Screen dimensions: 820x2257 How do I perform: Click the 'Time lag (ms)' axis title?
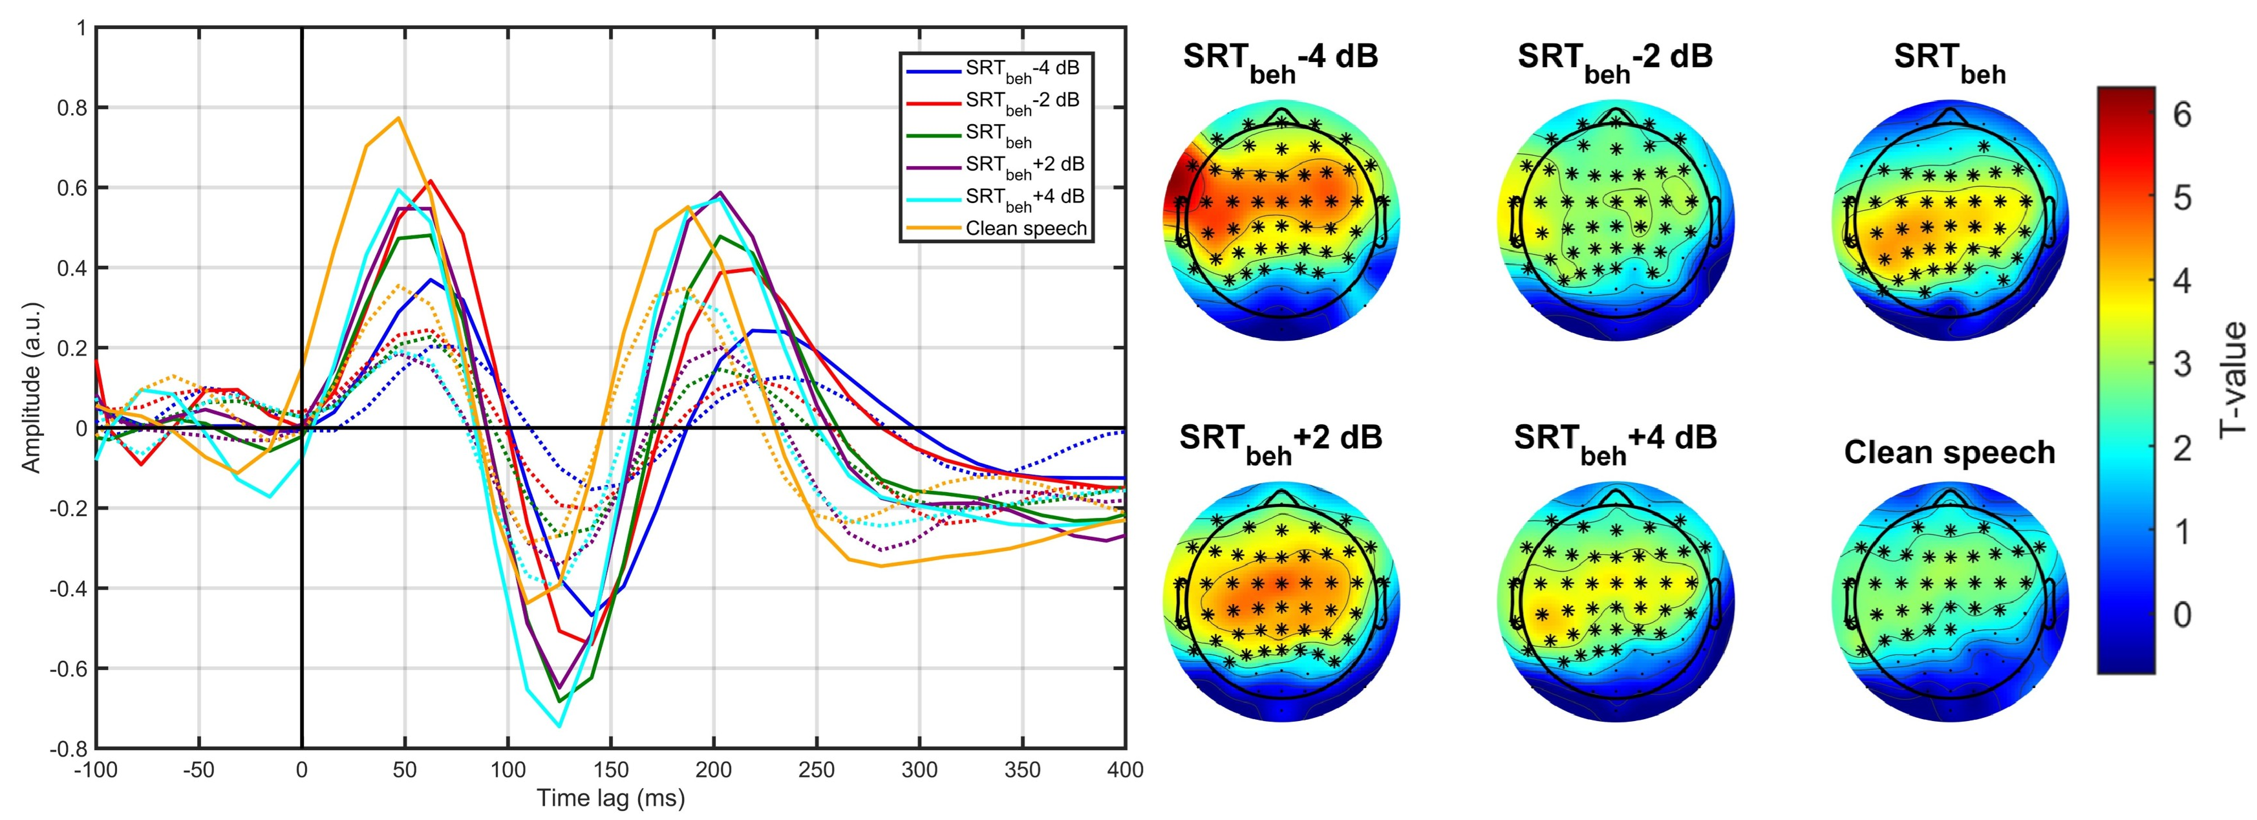coord(611,798)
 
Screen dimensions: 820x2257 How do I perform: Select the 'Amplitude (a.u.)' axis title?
coord(32,387)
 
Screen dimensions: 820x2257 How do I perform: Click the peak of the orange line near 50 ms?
coord(399,118)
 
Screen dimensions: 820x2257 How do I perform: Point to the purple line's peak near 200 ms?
coord(720,192)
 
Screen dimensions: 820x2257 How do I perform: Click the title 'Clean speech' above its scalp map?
coord(1949,452)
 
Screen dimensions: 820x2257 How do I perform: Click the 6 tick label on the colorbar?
coord(2181,114)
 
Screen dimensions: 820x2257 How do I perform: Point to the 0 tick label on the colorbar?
coord(2181,615)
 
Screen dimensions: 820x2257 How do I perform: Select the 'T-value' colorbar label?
coord(2232,378)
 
